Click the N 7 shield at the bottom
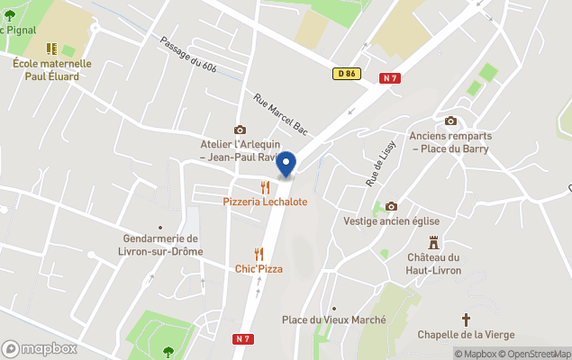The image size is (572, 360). (x=241, y=338)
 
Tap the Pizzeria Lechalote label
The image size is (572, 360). (x=265, y=202)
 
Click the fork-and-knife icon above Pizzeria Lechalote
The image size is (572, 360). (x=265, y=187)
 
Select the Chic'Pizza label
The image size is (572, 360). (x=259, y=268)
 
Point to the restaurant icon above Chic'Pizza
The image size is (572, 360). (x=259, y=254)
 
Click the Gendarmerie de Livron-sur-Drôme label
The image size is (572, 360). (x=162, y=245)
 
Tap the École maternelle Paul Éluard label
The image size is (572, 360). (x=52, y=69)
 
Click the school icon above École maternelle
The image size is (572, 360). (x=52, y=47)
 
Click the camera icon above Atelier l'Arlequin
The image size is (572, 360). (x=240, y=130)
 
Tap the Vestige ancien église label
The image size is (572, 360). (x=391, y=220)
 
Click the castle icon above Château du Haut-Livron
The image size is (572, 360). (x=433, y=243)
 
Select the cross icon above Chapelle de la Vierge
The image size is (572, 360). (x=466, y=319)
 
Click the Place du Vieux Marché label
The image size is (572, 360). (x=333, y=320)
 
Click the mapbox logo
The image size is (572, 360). (x=39, y=348)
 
